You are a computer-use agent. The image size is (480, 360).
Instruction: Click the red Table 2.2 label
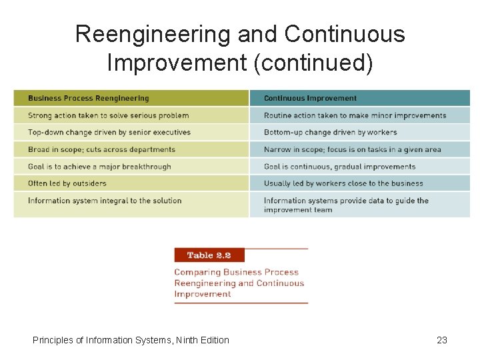[209, 255]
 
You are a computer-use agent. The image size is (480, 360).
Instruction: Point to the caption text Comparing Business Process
[236, 272]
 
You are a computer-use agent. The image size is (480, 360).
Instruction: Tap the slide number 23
[441, 340]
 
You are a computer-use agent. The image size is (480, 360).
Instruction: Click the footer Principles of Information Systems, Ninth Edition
[131, 340]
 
